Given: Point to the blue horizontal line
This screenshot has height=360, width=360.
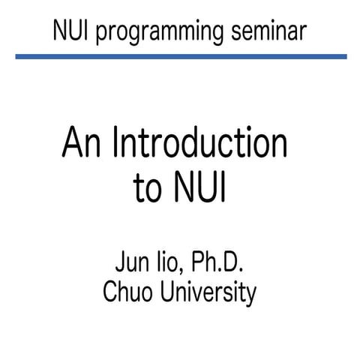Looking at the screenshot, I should pos(180,55).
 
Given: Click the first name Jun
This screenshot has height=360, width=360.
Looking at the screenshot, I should pos(132,265).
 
